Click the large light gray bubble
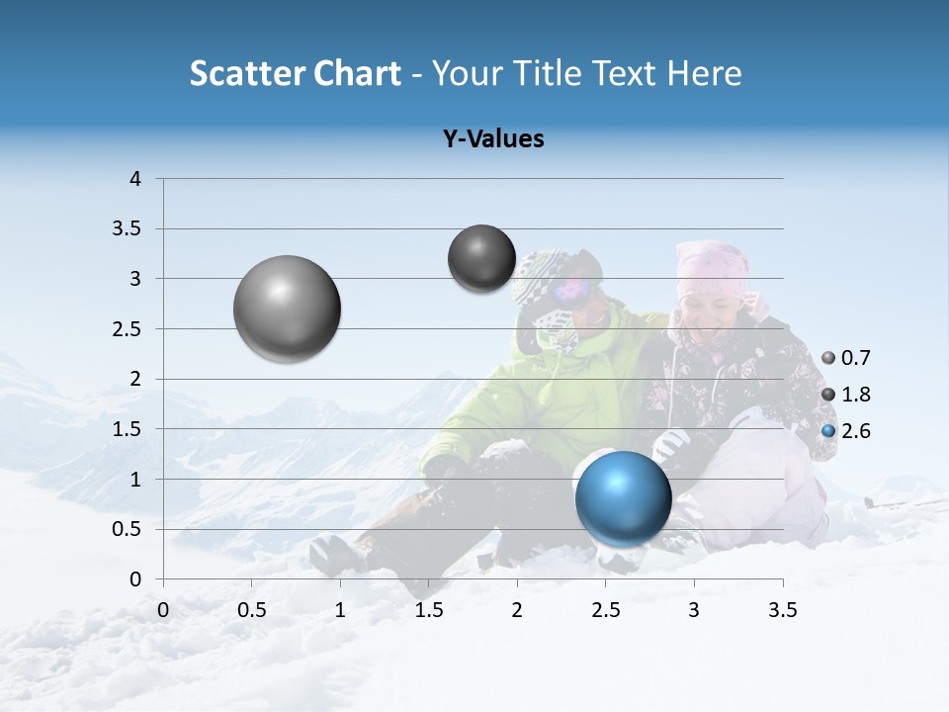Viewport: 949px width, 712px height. pos(287,309)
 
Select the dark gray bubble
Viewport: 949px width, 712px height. pos(481,258)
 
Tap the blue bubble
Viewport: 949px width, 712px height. pos(623,497)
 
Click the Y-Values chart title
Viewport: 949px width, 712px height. pos(493,139)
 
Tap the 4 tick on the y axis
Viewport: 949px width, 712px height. pos(135,179)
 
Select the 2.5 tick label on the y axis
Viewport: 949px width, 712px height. pos(127,329)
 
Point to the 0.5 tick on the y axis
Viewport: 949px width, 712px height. pos(127,530)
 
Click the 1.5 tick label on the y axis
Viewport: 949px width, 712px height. pos(127,429)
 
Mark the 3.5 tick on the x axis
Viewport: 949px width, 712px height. pos(782,610)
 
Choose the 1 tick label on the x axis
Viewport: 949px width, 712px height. pos(340,610)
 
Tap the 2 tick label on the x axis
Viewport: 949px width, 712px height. pos(517,610)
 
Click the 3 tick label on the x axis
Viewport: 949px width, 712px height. pos(694,610)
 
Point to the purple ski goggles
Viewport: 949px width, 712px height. pos(572,289)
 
